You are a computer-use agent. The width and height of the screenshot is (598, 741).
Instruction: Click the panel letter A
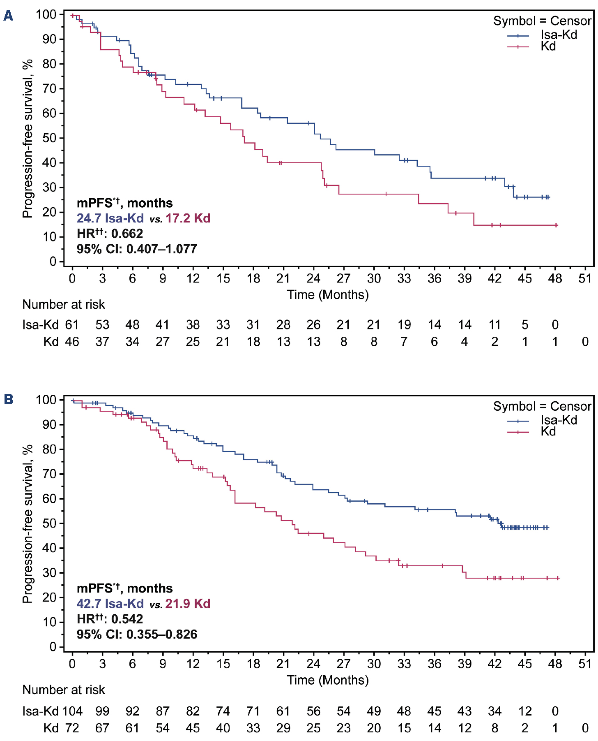pos(8,16)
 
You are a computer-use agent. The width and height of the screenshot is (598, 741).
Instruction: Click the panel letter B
pos(8,399)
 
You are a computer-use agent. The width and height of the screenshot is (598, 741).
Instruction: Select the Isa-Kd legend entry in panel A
pos(559,35)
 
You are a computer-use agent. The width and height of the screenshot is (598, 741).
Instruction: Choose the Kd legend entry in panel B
pos(548,431)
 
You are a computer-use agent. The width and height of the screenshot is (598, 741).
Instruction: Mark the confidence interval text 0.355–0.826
pos(161,634)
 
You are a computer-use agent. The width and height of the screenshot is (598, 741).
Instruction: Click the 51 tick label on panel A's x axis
pos(585,278)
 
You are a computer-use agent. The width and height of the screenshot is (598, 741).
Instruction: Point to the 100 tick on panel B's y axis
pos(46,400)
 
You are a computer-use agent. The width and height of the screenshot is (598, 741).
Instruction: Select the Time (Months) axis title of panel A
pos(327,294)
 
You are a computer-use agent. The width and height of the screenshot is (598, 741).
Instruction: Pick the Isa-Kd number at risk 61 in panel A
pos(72,325)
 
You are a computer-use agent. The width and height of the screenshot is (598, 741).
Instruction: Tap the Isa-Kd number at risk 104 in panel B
pos(72,711)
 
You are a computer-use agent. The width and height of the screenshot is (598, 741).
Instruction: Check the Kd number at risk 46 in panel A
pos(72,342)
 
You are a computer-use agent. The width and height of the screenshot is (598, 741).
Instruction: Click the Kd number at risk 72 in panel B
pos(72,728)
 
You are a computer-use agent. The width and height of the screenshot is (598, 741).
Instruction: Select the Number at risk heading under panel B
pos(64,690)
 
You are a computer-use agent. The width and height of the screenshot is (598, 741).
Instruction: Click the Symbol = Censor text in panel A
pos(542,21)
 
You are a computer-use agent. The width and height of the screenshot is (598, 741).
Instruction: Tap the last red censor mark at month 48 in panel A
pos(556,225)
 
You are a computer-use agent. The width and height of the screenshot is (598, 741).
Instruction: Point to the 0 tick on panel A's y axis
pos(53,262)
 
